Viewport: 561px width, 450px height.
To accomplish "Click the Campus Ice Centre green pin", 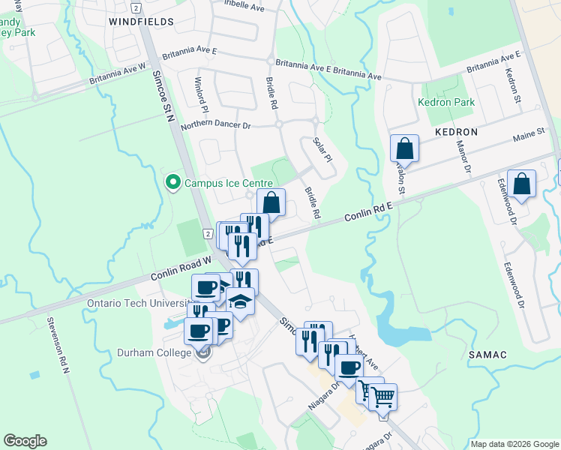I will pos(173,182).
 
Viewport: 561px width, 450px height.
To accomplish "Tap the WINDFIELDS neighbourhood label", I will pos(142,22).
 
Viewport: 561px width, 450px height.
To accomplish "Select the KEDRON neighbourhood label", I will pos(456,131).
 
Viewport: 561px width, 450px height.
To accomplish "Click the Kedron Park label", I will pos(446,102).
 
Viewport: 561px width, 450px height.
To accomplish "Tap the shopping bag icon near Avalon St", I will pos(404,150).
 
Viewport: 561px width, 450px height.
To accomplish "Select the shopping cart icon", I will pos(383,397).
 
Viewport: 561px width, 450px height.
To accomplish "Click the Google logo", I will pos(25,441).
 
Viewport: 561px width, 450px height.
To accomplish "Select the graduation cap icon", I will pos(241,301).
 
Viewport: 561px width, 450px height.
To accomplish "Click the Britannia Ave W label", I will pos(116,73).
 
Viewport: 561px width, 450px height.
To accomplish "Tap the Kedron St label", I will pos(513,85).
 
